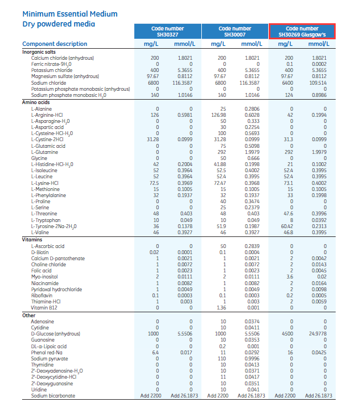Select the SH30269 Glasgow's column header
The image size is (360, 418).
tap(302, 32)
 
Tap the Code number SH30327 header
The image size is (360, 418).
tap(168, 32)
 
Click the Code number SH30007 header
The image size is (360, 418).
tap(234, 32)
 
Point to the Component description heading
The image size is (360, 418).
tap(55, 44)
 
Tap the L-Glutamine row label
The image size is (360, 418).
tap(45, 152)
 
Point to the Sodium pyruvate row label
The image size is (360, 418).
tap(50, 358)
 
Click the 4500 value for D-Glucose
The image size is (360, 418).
tap(288, 334)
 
